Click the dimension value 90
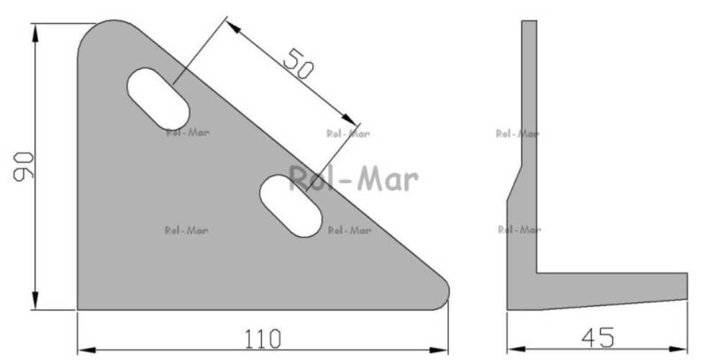coord(24,167)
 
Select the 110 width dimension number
coord(263,339)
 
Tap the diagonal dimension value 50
coord(298,64)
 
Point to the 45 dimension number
coord(598,338)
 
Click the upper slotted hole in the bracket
coord(158,99)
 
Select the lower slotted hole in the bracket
coord(291,206)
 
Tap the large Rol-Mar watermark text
coord(353,179)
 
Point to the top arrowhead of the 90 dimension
coord(35,33)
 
